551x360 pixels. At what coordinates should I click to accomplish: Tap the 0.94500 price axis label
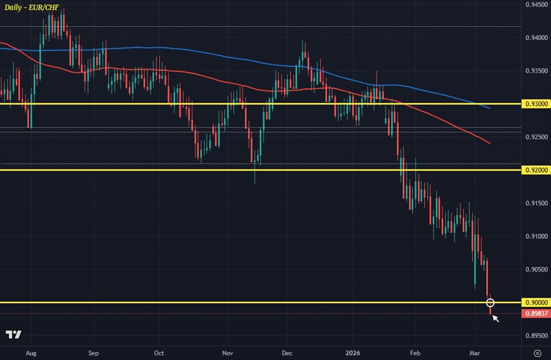536,5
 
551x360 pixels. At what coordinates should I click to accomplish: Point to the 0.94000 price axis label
536,38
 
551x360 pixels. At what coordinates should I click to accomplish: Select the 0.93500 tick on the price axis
536,71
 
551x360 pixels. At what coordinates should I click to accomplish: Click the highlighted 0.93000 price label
536,104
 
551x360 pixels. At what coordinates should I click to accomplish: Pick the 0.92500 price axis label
536,137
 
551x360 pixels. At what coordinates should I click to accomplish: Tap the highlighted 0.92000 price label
536,170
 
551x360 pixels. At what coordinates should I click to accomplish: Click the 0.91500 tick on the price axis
536,203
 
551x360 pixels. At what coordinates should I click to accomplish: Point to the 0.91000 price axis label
536,236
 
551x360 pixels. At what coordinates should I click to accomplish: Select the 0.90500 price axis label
536,269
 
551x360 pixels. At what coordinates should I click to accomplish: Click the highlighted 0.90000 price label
536,302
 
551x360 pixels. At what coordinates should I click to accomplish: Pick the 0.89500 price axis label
536,336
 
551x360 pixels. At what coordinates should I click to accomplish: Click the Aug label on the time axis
32,353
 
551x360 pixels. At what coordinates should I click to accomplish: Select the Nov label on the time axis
228,353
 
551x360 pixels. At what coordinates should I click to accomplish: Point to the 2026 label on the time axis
353,353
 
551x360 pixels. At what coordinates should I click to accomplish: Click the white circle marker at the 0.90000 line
490,302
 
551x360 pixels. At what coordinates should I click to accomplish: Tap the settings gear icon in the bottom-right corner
537,353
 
